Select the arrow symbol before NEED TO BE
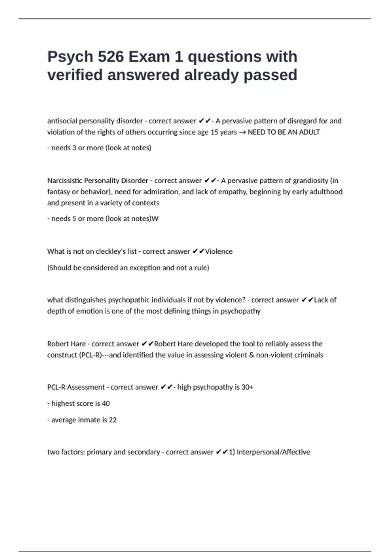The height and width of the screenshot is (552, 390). tap(242, 132)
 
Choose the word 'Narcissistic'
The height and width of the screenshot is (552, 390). tap(65, 181)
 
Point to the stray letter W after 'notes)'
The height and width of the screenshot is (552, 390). tap(155, 219)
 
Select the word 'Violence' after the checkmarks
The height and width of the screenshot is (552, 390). tap(219, 252)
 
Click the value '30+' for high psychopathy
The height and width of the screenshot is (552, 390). tap(247, 387)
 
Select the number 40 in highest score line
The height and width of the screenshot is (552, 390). tap(106, 404)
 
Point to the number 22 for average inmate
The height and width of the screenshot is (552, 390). tap(113, 420)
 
